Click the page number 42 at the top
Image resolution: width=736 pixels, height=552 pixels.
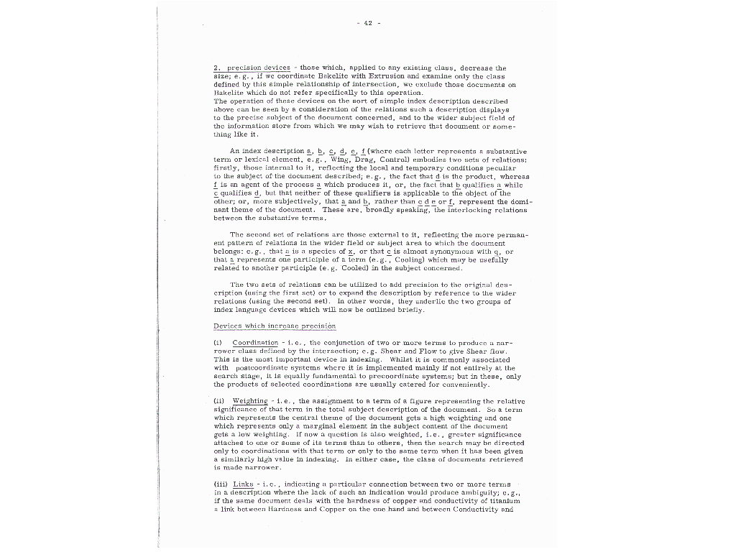click(367, 22)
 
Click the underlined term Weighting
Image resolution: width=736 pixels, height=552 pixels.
click(250, 401)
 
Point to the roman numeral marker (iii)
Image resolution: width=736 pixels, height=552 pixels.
click(221, 483)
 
